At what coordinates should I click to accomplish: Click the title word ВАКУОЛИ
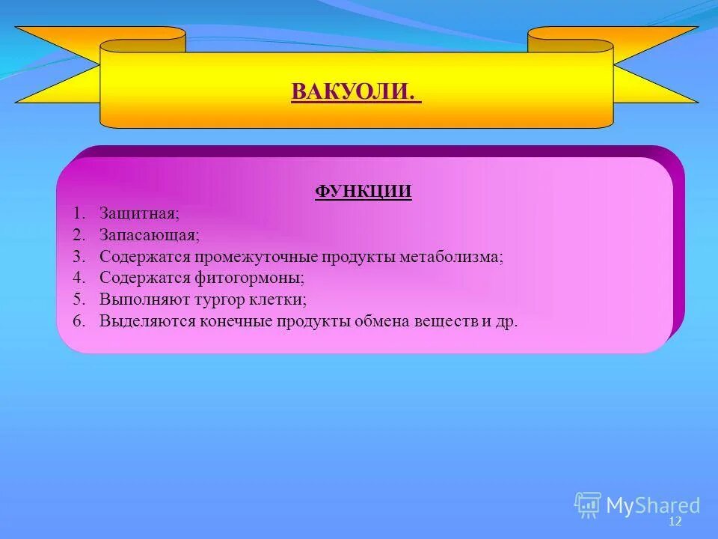click(353, 92)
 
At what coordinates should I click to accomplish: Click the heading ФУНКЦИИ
click(363, 192)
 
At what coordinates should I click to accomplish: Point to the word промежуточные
click(257, 257)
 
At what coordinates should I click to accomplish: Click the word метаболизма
click(450, 257)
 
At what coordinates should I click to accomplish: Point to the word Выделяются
click(147, 322)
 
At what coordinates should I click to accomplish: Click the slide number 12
click(675, 521)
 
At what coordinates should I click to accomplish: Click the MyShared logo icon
click(588, 505)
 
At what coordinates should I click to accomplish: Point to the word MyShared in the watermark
click(653, 506)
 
